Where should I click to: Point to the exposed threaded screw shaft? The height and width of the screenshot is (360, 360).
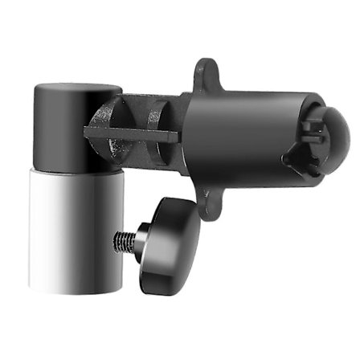pos(125,239)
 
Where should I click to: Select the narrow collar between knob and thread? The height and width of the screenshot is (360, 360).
pos(141,238)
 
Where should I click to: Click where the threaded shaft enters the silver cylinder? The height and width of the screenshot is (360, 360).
pos(115,239)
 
